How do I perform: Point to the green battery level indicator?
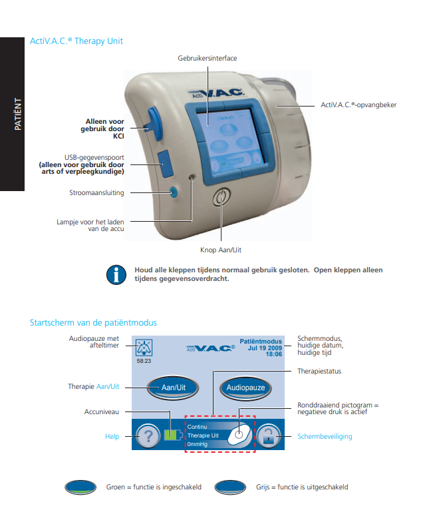[x=172, y=436]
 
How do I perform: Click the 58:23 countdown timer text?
[x=144, y=360]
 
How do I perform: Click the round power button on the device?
[x=221, y=198]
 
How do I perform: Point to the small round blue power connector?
[x=174, y=192]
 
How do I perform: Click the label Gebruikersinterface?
[x=207, y=59]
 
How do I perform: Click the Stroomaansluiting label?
[x=98, y=193]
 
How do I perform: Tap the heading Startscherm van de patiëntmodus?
[x=93, y=323]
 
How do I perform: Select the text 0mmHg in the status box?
[x=196, y=444]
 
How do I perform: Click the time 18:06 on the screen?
[x=274, y=354]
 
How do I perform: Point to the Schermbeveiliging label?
[x=325, y=437]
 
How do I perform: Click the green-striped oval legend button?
[x=82, y=487]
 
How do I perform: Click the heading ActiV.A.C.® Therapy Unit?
[x=76, y=41]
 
